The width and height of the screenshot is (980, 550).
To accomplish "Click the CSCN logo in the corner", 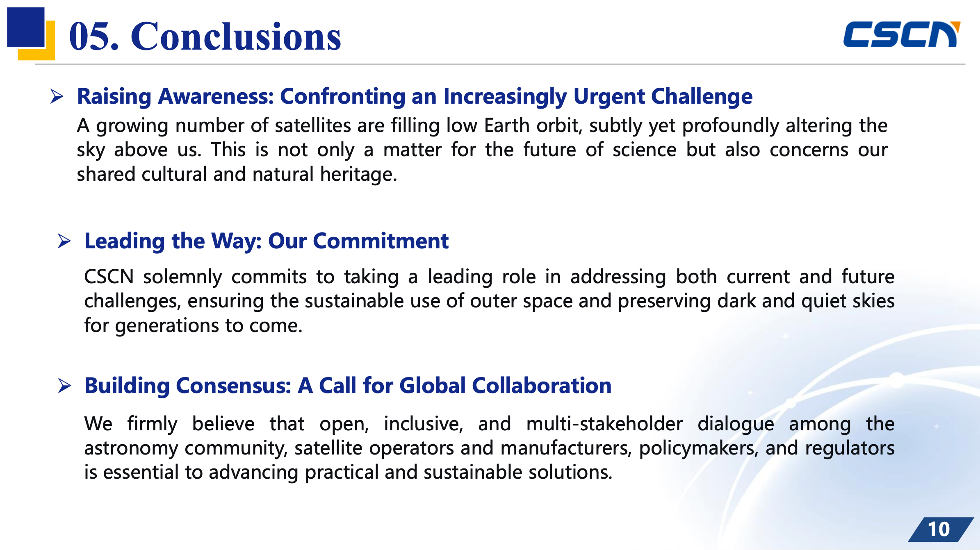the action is pyautogui.click(x=901, y=34).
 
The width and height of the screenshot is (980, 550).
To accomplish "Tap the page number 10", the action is pyautogui.click(x=939, y=529).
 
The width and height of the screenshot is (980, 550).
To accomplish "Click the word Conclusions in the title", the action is pyautogui.click(x=236, y=37).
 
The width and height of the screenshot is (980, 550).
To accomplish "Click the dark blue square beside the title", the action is pyautogui.click(x=26, y=27).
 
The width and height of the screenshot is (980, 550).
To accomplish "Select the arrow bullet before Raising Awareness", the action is pyautogui.click(x=57, y=96).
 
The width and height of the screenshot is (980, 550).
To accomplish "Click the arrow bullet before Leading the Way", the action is pyautogui.click(x=64, y=241).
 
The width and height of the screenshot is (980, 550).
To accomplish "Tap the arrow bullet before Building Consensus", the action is pyautogui.click(x=65, y=386).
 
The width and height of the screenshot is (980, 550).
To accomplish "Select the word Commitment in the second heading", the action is pyautogui.click(x=381, y=241).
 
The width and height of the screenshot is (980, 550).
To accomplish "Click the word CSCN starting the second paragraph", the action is pyautogui.click(x=109, y=277).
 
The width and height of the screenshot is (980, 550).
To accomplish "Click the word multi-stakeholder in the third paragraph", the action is pyautogui.click(x=604, y=424).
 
